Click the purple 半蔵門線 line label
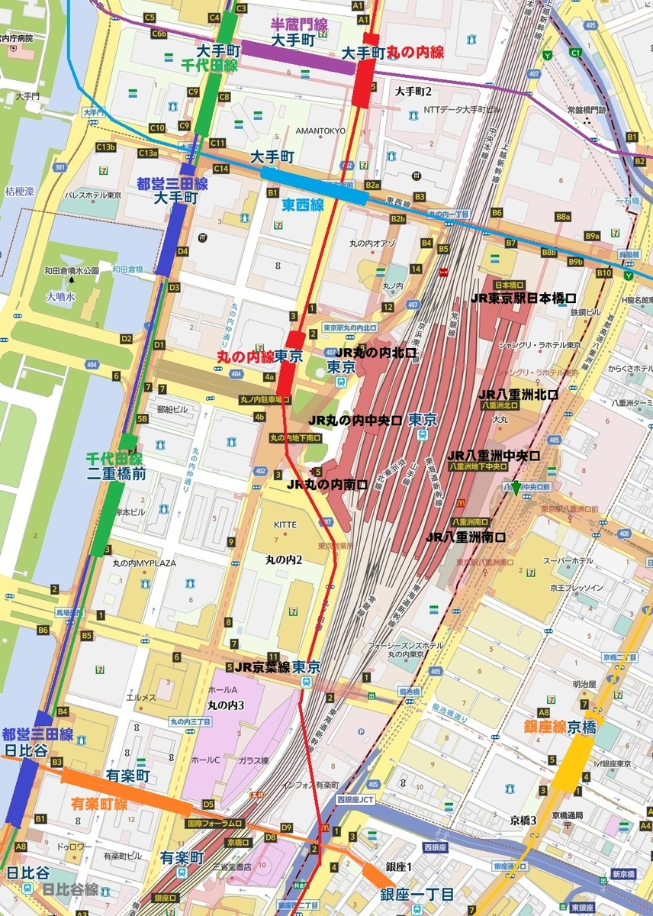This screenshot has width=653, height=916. click(x=299, y=25)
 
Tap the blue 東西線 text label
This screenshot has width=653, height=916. click(x=303, y=205)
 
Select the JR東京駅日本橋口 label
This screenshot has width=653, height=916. click(x=523, y=298)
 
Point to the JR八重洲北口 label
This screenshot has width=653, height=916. click(x=518, y=395)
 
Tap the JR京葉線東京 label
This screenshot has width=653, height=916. click(x=277, y=666)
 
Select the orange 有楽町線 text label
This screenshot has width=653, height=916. click(x=99, y=804)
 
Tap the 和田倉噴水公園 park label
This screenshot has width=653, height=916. click(x=72, y=269)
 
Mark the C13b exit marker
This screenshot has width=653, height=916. click(x=105, y=147)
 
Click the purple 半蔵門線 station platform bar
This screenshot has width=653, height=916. click(x=298, y=58)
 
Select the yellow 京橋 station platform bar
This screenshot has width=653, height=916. click(x=572, y=763)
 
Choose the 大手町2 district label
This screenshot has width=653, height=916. click(x=413, y=92)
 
